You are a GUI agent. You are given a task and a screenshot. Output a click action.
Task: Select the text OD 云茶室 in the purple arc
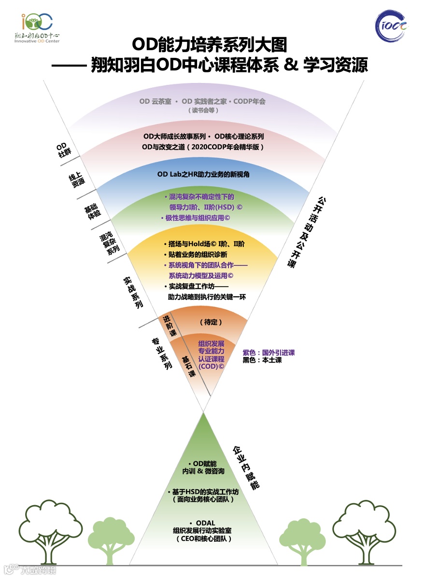(155, 102)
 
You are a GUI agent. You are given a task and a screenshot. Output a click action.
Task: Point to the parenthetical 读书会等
(203, 110)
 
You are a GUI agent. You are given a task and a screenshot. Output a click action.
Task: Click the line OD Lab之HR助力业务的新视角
(203, 174)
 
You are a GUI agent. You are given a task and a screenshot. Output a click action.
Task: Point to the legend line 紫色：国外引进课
(269, 353)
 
